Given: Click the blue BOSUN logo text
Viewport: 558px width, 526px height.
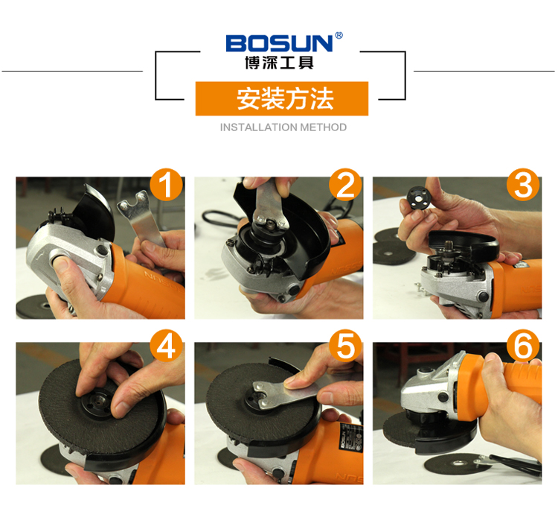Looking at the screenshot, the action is [x=279, y=42].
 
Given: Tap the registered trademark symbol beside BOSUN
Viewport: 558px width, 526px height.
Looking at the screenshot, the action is [x=339, y=35].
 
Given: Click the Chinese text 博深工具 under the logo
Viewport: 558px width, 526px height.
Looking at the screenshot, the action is [x=279, y=63].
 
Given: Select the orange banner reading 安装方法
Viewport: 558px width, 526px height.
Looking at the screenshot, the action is [x=282, y=98].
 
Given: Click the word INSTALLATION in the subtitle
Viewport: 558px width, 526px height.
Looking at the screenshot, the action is [x=259, y=127].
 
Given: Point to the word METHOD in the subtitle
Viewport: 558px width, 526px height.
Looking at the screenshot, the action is [x=324, y=127].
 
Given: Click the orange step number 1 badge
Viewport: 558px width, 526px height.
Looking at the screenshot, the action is [x=166, y=185].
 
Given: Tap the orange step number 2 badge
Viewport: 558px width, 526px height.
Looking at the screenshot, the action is [x=345, y=185].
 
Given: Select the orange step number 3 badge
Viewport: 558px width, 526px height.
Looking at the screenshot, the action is [x=523, y=185].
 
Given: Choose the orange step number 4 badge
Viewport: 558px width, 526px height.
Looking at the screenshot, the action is [x=166, y=346].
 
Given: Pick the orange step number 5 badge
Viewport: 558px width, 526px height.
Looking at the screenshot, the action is [x=345, y=346].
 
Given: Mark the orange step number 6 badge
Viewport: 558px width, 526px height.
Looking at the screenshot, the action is [x=523, y=346].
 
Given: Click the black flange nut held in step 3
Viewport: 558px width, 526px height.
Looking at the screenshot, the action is [x=417, y=197].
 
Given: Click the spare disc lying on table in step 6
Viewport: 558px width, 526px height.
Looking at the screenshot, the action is [x=459, y=463].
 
